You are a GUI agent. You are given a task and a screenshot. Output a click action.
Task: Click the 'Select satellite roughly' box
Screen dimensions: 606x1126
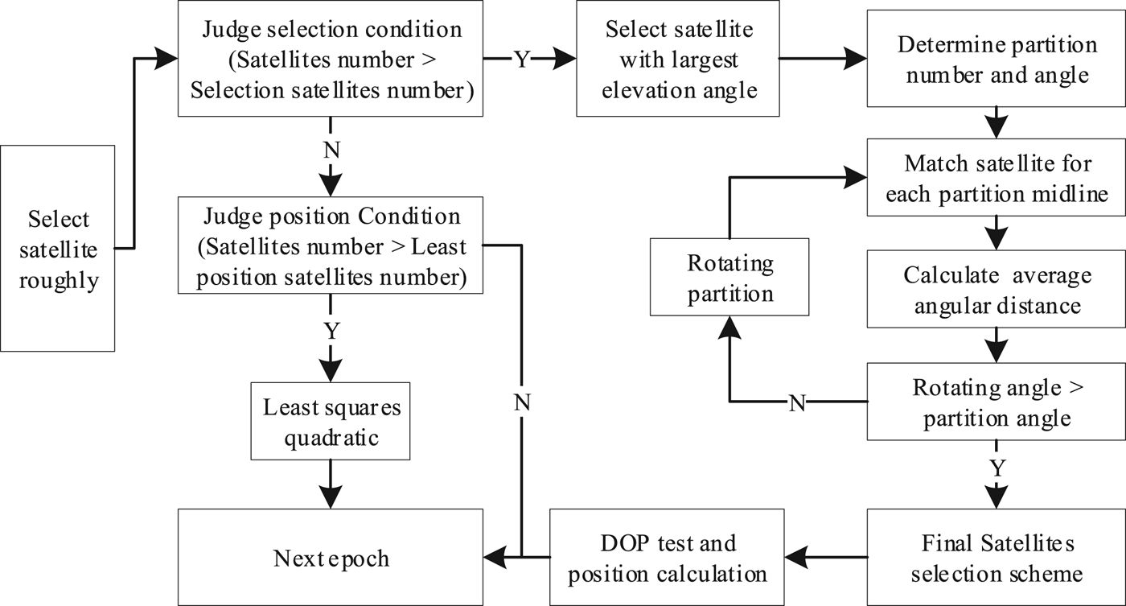(x=58, y=248)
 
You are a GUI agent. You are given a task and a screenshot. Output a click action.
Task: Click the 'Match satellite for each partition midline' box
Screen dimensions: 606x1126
(x=996, y=178)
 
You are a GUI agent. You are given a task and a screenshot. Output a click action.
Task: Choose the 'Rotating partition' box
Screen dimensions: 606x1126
(x=729, y=278)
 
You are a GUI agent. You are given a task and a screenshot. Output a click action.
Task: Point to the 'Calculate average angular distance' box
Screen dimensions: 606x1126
(x=996, y=290)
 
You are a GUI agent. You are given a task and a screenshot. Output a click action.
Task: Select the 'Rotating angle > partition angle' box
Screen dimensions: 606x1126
(x=996, y=402)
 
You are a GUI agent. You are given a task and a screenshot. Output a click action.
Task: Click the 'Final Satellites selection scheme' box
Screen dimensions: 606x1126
(x=996, y=557)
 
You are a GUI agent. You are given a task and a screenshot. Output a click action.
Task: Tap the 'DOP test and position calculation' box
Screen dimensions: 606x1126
(x=667, y=557)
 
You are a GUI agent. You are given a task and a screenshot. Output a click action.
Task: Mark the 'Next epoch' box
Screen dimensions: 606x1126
(x=330, y=557)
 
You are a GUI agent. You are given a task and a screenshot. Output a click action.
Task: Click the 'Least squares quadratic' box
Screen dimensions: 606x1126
(x=330, y=423)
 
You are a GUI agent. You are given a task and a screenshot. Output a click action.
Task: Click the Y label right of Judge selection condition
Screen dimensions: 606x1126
(x=522, y=60)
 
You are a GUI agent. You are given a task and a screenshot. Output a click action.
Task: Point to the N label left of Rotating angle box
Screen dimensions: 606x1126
(x=796, y=402)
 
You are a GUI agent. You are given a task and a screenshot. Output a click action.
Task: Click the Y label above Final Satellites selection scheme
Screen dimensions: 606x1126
(x=997, y=468)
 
